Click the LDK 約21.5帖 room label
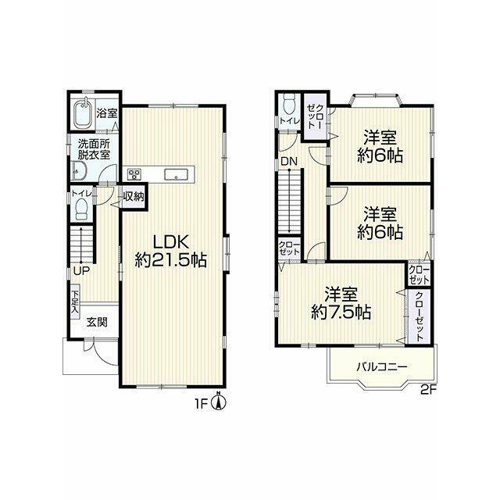pos(171,252)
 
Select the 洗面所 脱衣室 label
pos(94,149)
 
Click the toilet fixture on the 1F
pos(82,209)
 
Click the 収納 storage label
pos(134,196)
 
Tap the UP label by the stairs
pos(81,271)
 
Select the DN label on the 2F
pos(289,162)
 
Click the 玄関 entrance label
pos(97,323)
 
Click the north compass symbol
pos(219,402)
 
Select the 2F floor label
pos(428,391)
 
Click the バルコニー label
pos(382,366)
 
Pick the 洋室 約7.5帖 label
pos(341,303)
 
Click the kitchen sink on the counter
pos(175,175)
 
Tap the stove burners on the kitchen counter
pos(134,174)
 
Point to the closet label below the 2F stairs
pos(289,248)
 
